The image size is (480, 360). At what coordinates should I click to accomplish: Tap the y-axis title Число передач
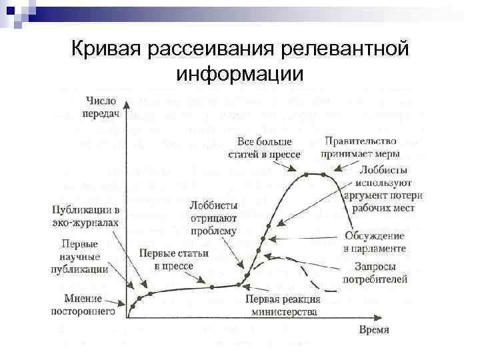tap(101, 107)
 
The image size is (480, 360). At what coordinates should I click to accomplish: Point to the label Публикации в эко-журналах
tap(85, 216)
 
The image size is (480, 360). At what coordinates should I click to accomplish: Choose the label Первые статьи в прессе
tap(173, 259)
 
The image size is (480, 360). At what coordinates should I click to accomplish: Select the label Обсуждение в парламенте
tap(375, 242)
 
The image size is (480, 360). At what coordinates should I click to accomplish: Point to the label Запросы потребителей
tap(375, 273)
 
